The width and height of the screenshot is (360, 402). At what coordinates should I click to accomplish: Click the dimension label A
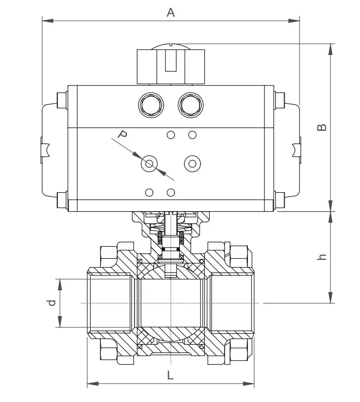(171, 12)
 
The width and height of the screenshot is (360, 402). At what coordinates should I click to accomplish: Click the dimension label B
(322, 127)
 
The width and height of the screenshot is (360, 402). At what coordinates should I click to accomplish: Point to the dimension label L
(170, 375)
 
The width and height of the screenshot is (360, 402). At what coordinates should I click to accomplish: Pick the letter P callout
(122, 135)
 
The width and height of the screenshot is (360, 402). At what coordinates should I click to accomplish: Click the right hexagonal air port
(190, 105)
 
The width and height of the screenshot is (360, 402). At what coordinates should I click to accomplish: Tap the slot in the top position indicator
(171, 62)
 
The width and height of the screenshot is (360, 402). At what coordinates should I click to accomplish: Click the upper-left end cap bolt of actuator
(61, 99)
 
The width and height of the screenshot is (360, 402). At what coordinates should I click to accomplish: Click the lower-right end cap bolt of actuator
(280, 201)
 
